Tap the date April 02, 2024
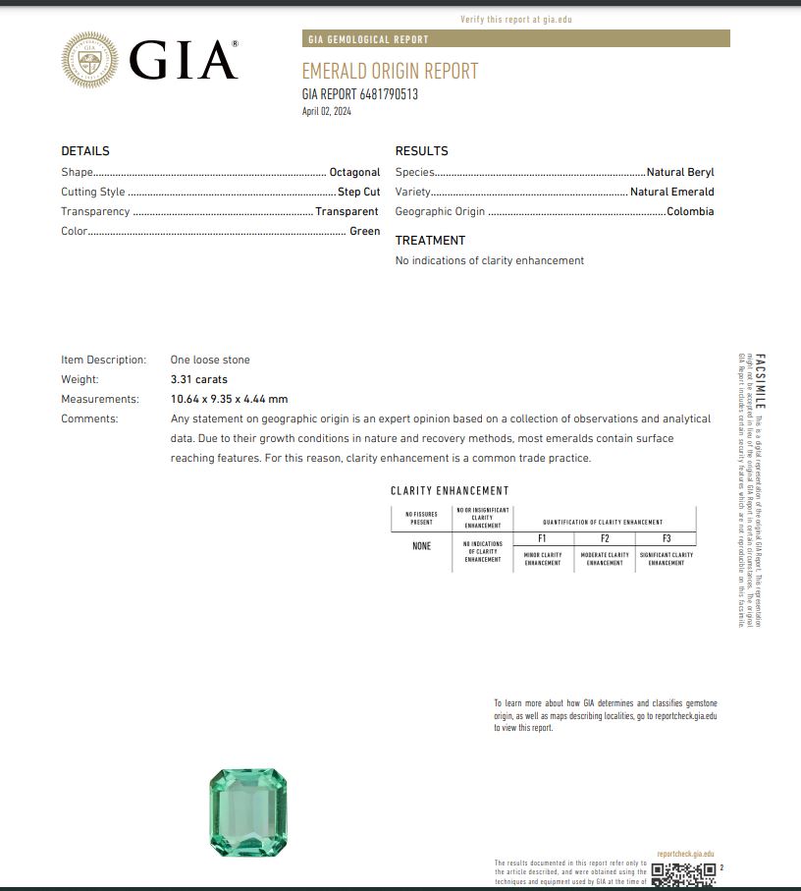(x=326, y=111)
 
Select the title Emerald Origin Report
(x=390, y=71)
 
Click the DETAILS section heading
(x=85, y=151)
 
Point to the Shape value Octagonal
(x=354, y=172)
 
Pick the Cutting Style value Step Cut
(x=358, y=192)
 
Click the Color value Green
(x=364, y=231)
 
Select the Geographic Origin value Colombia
(x=690, y=211)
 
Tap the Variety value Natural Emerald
(x=671, y=192)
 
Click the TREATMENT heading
(x=430, y=241)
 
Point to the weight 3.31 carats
(x=198, y=379)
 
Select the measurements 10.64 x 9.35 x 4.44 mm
(x=229, y=399)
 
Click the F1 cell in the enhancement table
(x=542, y=538)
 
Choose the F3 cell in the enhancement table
(x=667, y=538)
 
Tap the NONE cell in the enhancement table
(x=421, y=546)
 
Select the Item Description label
(x=103, y=360)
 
